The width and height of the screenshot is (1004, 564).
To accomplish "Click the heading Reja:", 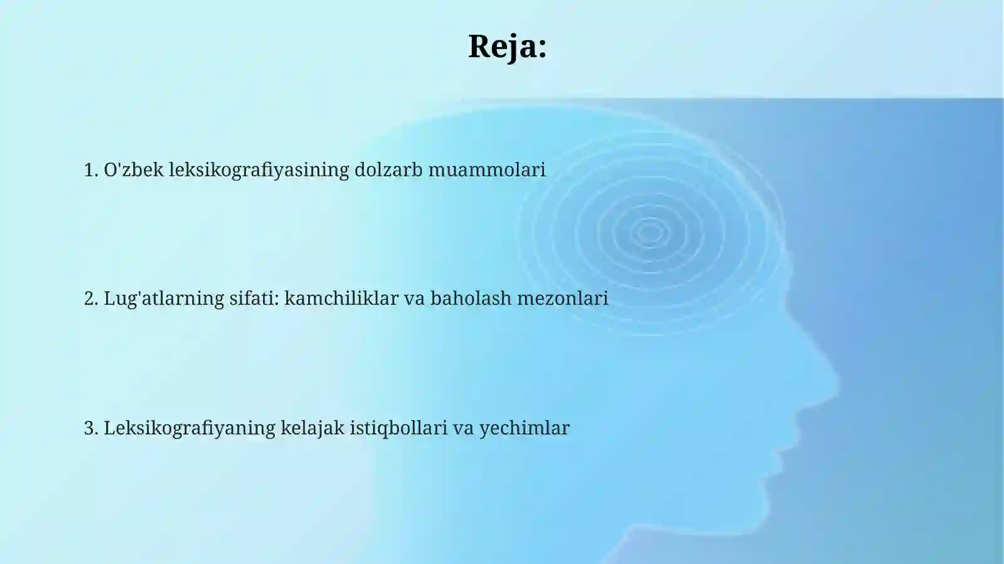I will tap(507, 46).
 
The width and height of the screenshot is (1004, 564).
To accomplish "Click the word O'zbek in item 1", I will tap(133, 169).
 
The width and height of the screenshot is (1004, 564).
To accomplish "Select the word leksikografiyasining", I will tap(259, 169).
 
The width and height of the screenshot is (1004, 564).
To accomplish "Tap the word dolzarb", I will tap(388, 169).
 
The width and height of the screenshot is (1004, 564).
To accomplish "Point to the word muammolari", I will tap(487, 169).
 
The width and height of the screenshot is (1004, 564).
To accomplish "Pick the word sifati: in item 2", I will tap(254, 298).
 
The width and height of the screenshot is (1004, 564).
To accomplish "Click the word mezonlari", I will tap(563, 298).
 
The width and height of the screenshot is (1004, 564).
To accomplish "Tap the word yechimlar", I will tap(525, 428).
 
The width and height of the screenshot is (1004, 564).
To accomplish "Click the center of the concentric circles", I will tap(649, 233).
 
